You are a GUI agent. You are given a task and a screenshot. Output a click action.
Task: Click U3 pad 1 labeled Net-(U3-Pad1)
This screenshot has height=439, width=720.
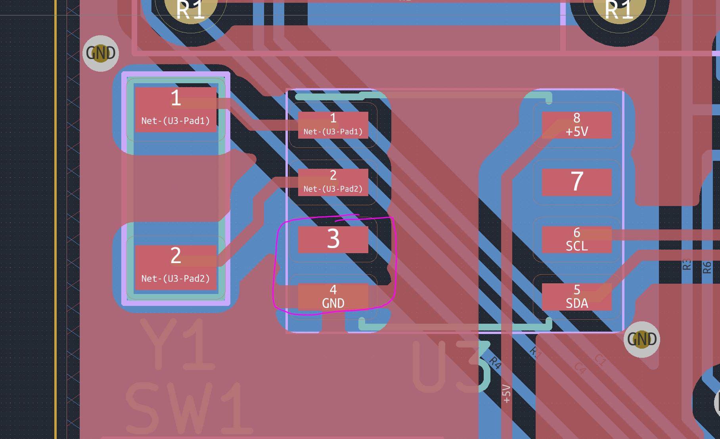[x=333, y=125]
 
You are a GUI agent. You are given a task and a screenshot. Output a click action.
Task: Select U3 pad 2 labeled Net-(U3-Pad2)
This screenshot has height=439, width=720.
[x=333, y=182]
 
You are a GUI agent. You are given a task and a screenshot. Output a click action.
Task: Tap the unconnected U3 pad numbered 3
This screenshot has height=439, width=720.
[x=333, y=239]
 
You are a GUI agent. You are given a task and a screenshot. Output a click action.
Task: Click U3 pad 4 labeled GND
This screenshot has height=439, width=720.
[x=333, y=297]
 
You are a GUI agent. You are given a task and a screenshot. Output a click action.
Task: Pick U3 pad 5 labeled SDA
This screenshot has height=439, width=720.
[x=576, y=297]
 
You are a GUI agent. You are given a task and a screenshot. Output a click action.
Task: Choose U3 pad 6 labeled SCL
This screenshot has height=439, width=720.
[x=576, y=239]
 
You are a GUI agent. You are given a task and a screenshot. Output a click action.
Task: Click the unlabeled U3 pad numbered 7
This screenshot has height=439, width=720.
[x=576, y=182]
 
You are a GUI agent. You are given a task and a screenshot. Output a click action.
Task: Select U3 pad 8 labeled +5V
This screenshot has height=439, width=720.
[x=576, y=125]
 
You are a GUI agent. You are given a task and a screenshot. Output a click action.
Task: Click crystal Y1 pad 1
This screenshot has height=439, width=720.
[x=176, y=109]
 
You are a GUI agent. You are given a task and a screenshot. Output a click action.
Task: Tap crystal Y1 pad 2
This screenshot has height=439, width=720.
[x=176, y=267]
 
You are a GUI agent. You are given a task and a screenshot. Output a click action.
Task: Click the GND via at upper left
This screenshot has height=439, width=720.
[x=101, y=53]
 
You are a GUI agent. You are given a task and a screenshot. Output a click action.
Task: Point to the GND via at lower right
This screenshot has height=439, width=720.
[x=641, y=340]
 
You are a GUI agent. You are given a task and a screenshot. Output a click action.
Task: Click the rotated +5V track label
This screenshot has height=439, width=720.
[x=506, y=394]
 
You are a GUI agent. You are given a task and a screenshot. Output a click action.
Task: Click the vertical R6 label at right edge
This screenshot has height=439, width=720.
[x=707, y=267]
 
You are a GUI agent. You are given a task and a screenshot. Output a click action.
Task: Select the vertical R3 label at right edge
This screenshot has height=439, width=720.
[x=687, y=265]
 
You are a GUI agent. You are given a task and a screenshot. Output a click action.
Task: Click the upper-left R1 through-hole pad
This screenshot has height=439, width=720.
[x=191, y=9]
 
